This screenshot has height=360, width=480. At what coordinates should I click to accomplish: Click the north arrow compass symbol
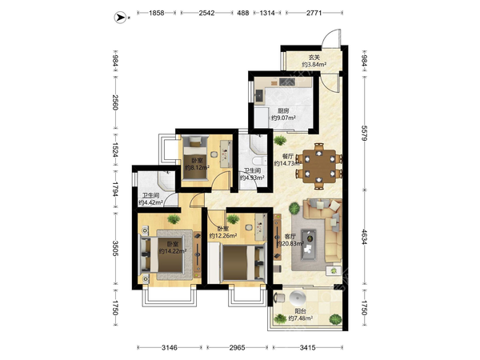click(120, 18)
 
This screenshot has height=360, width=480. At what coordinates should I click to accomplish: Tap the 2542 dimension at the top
click(206, 13)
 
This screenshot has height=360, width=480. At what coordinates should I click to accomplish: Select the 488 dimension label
click(243, 13)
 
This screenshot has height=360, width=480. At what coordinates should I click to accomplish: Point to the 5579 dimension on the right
click(364, 133)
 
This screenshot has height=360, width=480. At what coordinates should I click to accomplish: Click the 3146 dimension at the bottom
click(170, 347)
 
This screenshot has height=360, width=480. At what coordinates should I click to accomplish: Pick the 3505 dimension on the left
click(115, 249)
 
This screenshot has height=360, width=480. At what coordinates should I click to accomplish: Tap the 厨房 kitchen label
click(283, 111)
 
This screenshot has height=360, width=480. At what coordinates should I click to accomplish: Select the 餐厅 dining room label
click(288, 156)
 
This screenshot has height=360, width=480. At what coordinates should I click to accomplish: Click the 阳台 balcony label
click(300, 311)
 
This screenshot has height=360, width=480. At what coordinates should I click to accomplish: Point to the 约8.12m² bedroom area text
click(197, 168)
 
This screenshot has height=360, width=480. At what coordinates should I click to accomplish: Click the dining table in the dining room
click(319, 166)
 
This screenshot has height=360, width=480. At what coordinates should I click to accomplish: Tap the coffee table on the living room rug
click(309, 245)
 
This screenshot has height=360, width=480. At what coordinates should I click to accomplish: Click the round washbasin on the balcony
click(298, 297)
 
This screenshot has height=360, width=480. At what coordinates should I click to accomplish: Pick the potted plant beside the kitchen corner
click(280, 140)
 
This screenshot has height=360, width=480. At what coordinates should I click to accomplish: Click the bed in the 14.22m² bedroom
click(162, 255)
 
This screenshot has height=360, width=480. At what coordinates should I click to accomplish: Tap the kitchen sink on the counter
click(259, 96)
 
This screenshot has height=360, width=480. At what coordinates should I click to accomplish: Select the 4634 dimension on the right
click(364, 237)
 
